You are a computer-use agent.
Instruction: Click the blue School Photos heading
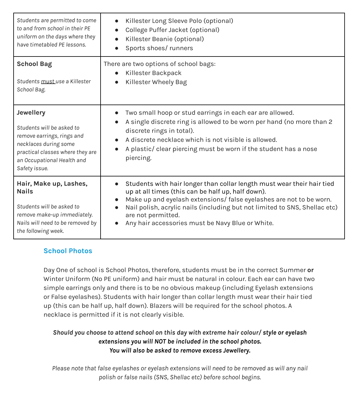(x=68, y=251)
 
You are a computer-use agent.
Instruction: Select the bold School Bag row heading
(x=34, y=64)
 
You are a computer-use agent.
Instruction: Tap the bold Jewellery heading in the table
(x=31, y=113)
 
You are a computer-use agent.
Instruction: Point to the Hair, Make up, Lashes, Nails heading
(x=52, y=187)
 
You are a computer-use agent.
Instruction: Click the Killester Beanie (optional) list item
(x=165, y=39)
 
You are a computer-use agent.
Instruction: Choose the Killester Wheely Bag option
(x=156, y=82)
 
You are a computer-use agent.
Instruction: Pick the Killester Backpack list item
(x=153, y=73)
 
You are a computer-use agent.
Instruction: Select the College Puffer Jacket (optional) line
(x=172, y=30)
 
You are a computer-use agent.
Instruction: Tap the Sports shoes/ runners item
(x=159, y=48)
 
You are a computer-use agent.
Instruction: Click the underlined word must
(x=48, y=82)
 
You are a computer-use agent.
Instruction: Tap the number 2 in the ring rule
(x=330, y=122)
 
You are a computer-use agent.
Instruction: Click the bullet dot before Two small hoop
(x=117, y=113)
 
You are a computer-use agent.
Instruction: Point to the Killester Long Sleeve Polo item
(x=179, y=21)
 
